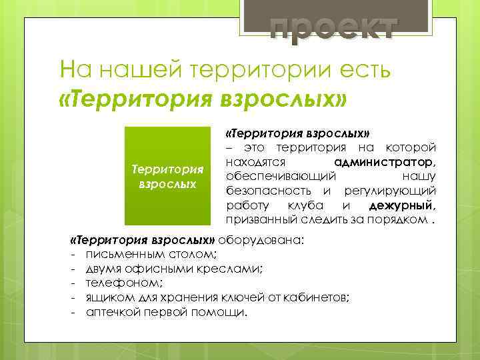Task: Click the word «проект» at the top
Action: (333, 28)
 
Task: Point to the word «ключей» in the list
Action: (251, 297)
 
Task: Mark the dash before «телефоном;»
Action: (69, 283)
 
